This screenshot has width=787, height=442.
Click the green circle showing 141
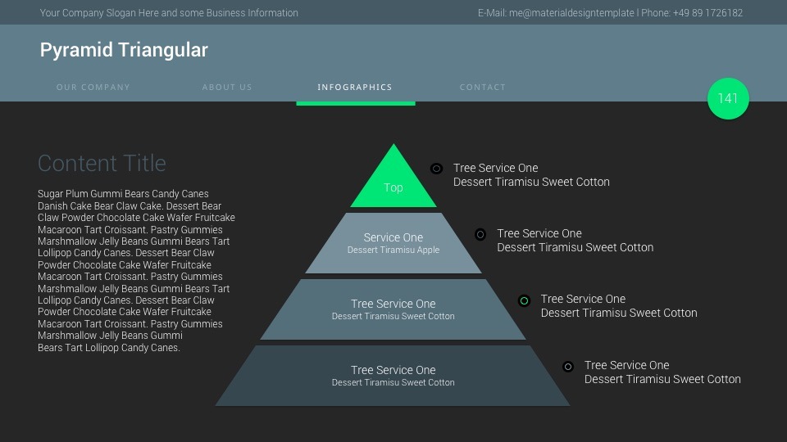728,98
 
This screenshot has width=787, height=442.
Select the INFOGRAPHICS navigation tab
355,87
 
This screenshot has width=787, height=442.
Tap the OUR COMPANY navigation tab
93,87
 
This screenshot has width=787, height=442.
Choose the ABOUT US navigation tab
227,87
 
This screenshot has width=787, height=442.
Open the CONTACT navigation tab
483,87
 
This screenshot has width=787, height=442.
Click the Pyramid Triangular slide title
124,50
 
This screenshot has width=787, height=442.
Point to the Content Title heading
102,163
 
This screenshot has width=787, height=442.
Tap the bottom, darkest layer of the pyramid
393,376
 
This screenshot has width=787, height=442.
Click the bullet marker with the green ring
524,300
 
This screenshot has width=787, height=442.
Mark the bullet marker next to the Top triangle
436,169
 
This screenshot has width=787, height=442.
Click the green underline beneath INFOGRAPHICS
355,103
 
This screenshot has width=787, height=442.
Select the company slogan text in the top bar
169,13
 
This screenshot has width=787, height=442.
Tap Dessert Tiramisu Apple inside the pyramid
393,250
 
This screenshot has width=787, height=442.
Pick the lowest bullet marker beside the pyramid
567,367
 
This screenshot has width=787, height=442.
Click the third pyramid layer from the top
393,309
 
